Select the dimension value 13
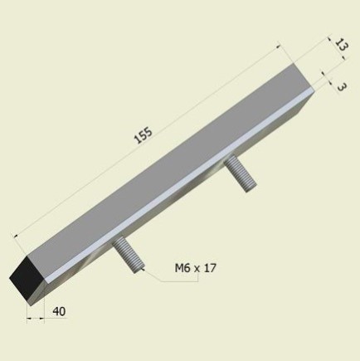(338, 46)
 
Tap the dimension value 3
(341, 85)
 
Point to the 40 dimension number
(59, 312)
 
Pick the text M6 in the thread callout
(182, 267)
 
